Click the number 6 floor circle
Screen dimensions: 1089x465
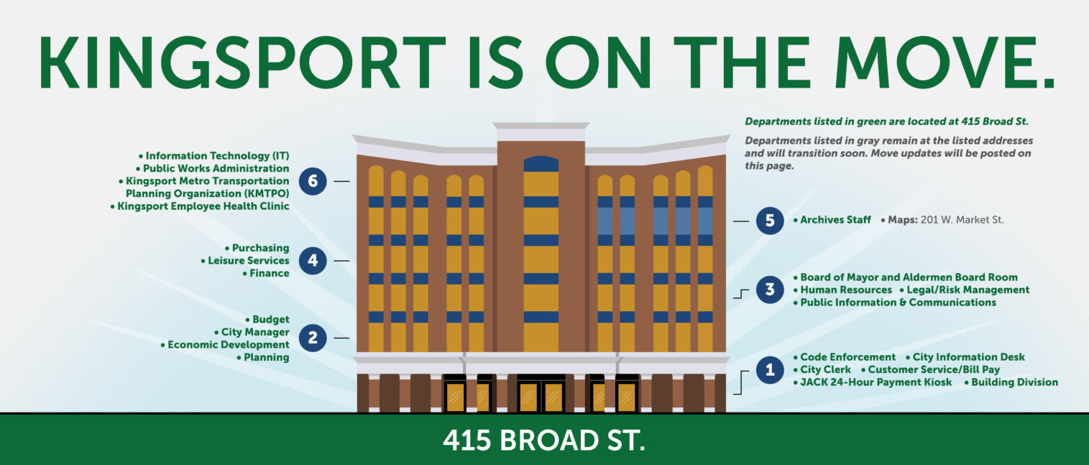click(x=313, y=181)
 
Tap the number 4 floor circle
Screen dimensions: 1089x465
click(x=313, y=260)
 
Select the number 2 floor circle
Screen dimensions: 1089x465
click(x=313, y=338)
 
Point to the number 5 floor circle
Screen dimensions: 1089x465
click(x=770, y=221)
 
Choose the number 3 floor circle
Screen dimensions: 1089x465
click(x=770, y=290)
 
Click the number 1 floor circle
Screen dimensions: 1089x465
click(x=770, y=369)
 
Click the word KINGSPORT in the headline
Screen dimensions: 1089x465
click(x=242, y=63)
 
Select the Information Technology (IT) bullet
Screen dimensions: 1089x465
click(x=214, y=156)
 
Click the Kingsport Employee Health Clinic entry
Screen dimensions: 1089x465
click(x=200, y=206)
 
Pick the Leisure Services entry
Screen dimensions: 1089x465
click(x=245, y=260)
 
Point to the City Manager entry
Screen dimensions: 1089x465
click(x=252, y=332)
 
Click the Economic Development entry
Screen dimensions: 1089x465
click(x=225, y=344)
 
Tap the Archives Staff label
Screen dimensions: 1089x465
click(x=832, y=220)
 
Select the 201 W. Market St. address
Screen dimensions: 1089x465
click(x=962, y=220)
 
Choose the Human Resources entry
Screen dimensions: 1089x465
click(x=842, y=290)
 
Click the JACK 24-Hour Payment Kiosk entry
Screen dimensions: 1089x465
click(x=872, y=382)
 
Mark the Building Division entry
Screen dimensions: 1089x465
click(x=1011, y=382)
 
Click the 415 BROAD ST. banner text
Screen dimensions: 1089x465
click(x=544, y=441)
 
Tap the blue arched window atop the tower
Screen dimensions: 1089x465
click(x=541, y=164)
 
